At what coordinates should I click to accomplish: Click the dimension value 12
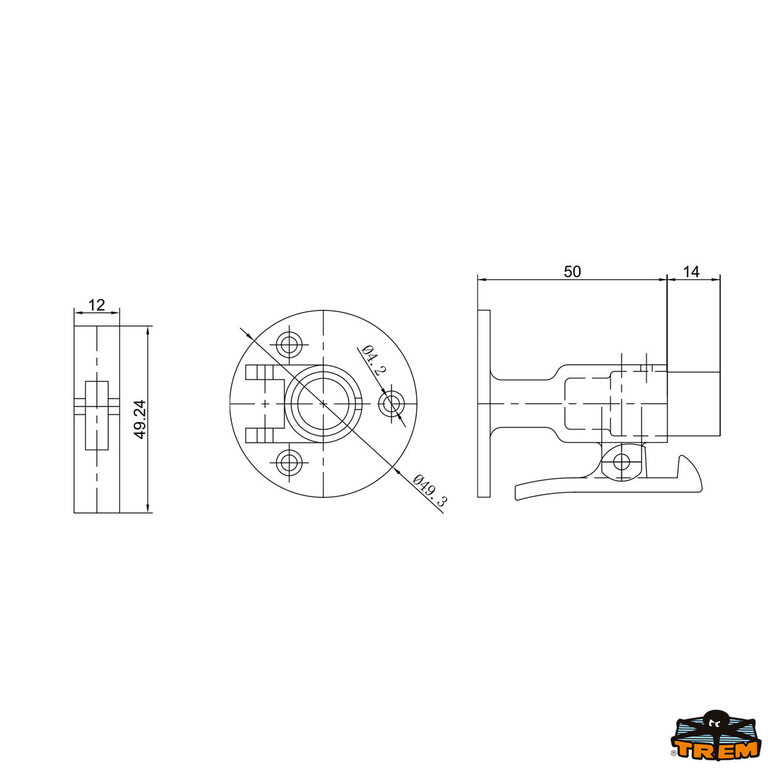tap(97, 305)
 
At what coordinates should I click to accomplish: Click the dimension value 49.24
tap(141, 420)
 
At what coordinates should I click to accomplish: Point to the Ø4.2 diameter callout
tap(374, 361)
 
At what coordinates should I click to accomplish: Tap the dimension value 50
tap(572, 272)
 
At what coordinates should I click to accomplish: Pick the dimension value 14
tap(691, 272)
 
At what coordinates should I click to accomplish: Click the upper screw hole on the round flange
tap(289, 344)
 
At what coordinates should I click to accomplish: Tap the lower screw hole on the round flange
tap(289, 463)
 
